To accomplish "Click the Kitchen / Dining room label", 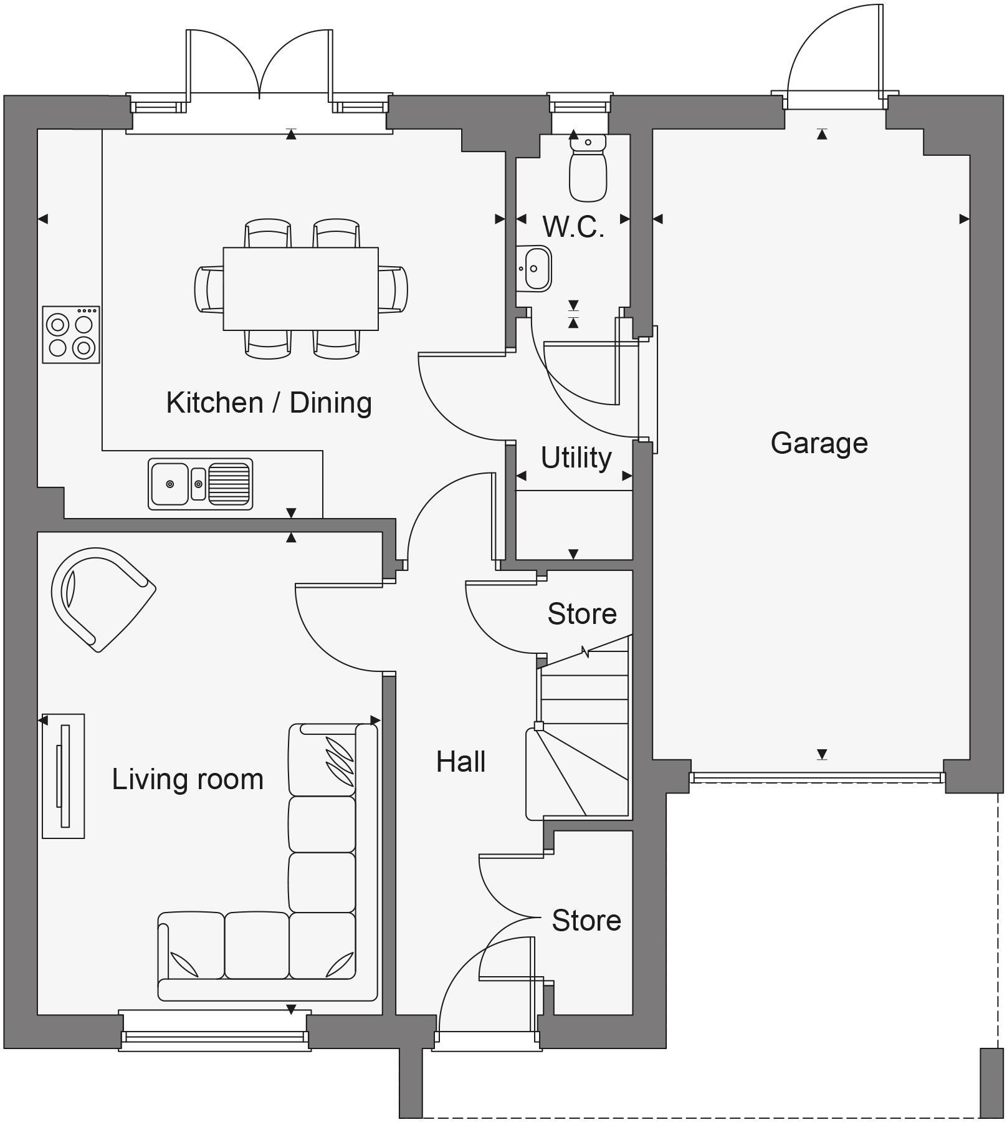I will (x=269, y=403).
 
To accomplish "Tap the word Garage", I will (x=819, y=443).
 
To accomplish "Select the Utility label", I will (x=576, y=458).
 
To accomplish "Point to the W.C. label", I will (x=573, y=227).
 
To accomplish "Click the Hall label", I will (x=461, y=762).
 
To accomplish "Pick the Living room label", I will (x=188, y=779).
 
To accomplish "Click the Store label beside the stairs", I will (x=582, y=614).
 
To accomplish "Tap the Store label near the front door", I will (x=586, y=921).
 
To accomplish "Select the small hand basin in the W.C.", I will (x=535, y=269).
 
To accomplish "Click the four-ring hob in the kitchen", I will (x=71, y=335).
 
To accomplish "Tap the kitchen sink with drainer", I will (x=200, y=484).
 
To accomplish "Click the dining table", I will (x=300, y=288).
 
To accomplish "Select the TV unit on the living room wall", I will (x=63, y=775).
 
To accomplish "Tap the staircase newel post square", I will (x=538, y=726).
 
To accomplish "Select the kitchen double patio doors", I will (x=259, y=69).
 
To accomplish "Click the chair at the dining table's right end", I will (x=394, y=289).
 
